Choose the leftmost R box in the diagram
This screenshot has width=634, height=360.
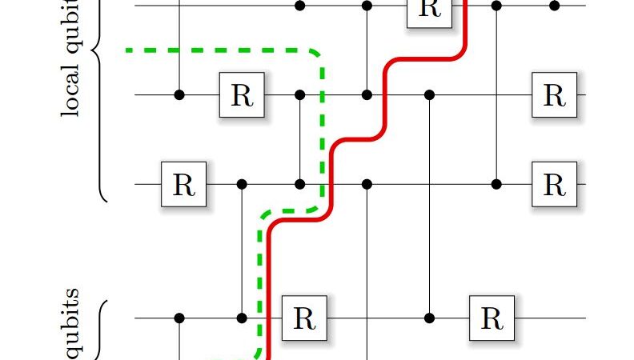(x=183, y=184)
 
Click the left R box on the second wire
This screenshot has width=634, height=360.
(x=242, y=94)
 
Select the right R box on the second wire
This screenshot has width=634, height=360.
(x=554, y=94)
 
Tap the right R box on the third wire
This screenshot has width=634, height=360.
(x=554, y=184)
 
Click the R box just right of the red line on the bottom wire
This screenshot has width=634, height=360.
(x=304, y=318)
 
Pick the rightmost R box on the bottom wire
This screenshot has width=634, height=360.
(x=491, y=318)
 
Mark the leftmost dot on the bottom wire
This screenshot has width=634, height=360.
(x=179, y=318)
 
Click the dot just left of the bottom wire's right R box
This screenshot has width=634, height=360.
(x=430, y=318)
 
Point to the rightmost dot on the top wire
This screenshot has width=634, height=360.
(x=554, y=6)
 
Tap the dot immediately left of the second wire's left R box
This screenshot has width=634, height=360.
(x=179, y=94)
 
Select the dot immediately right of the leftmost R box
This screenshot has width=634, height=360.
(x=242, y=184)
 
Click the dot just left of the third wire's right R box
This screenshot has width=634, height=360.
(x=496, y=184)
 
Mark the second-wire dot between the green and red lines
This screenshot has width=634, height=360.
(x=367, y=94)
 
